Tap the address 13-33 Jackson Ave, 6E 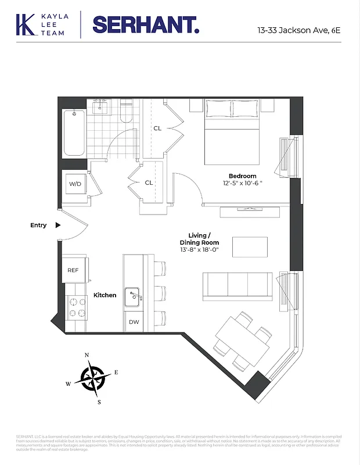pyautogui.click(x=299, y=28)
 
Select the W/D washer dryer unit pyautogui.click(x=75, y=184)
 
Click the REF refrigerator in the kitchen pyautogui.click(x=73, y=270)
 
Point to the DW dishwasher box pyautogui.click(x=134, y=321)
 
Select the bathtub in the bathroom pyautogui.click(x=74, y=133)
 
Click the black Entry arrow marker pyautogui.click(x=57, y=225)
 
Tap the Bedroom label pyautogui.click(x=242, y=176)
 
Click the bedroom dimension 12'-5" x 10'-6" pyautogui.click(x=242, y=184)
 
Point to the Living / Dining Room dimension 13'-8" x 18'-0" pyautogui.click(x=199, y=249)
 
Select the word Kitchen pyautogui.click(x=105, y=295)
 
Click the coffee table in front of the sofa pyautogui.click(x=250, y=246)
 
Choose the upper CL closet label pyautogui.click(x=157, y=128)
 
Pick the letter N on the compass pyautogui.click(x=87, y=355)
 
